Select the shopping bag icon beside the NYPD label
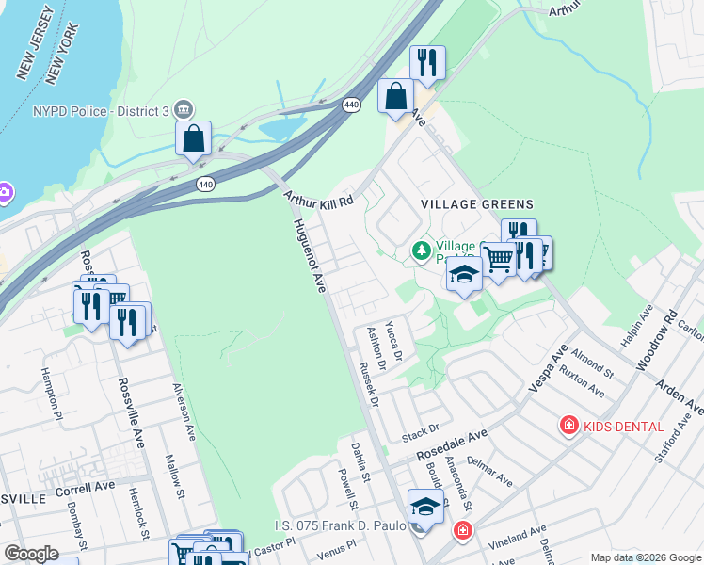click(193, 138)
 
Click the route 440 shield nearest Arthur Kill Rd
click(204, 184)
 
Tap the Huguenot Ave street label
click(309, 255)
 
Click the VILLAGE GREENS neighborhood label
click(477, 204)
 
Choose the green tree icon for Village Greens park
click(422, 250)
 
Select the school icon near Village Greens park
click(463, 275)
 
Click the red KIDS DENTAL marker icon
click(568, 427)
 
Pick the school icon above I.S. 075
click(425, 507)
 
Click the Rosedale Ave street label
click(453, 446)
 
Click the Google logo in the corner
click(31, 554)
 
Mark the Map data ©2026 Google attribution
click(645, 557)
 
